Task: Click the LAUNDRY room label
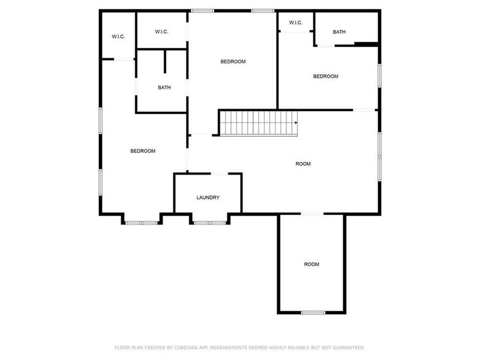tap(208, 198)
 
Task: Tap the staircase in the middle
tap(258, 123)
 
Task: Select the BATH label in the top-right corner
tap(340, 32)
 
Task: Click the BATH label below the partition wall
tap(164, 88)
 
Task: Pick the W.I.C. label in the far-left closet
tap(118, 37)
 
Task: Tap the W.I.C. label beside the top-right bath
tap(296, 23)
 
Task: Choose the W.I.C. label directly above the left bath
tap(161, 31)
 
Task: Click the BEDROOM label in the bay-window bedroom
tap(143, 151)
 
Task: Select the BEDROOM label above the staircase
tap(233, 62)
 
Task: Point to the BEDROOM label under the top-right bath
tap(326, 77)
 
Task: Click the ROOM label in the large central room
tap(303, 164)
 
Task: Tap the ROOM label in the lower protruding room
tap(311, 265)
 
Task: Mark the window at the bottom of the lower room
tap(313, 313)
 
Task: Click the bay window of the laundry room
tap(210, 223)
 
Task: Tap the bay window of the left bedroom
tap(142, 223)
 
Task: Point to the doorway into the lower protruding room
tap(312, 214)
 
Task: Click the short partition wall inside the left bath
tap(165, 62)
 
